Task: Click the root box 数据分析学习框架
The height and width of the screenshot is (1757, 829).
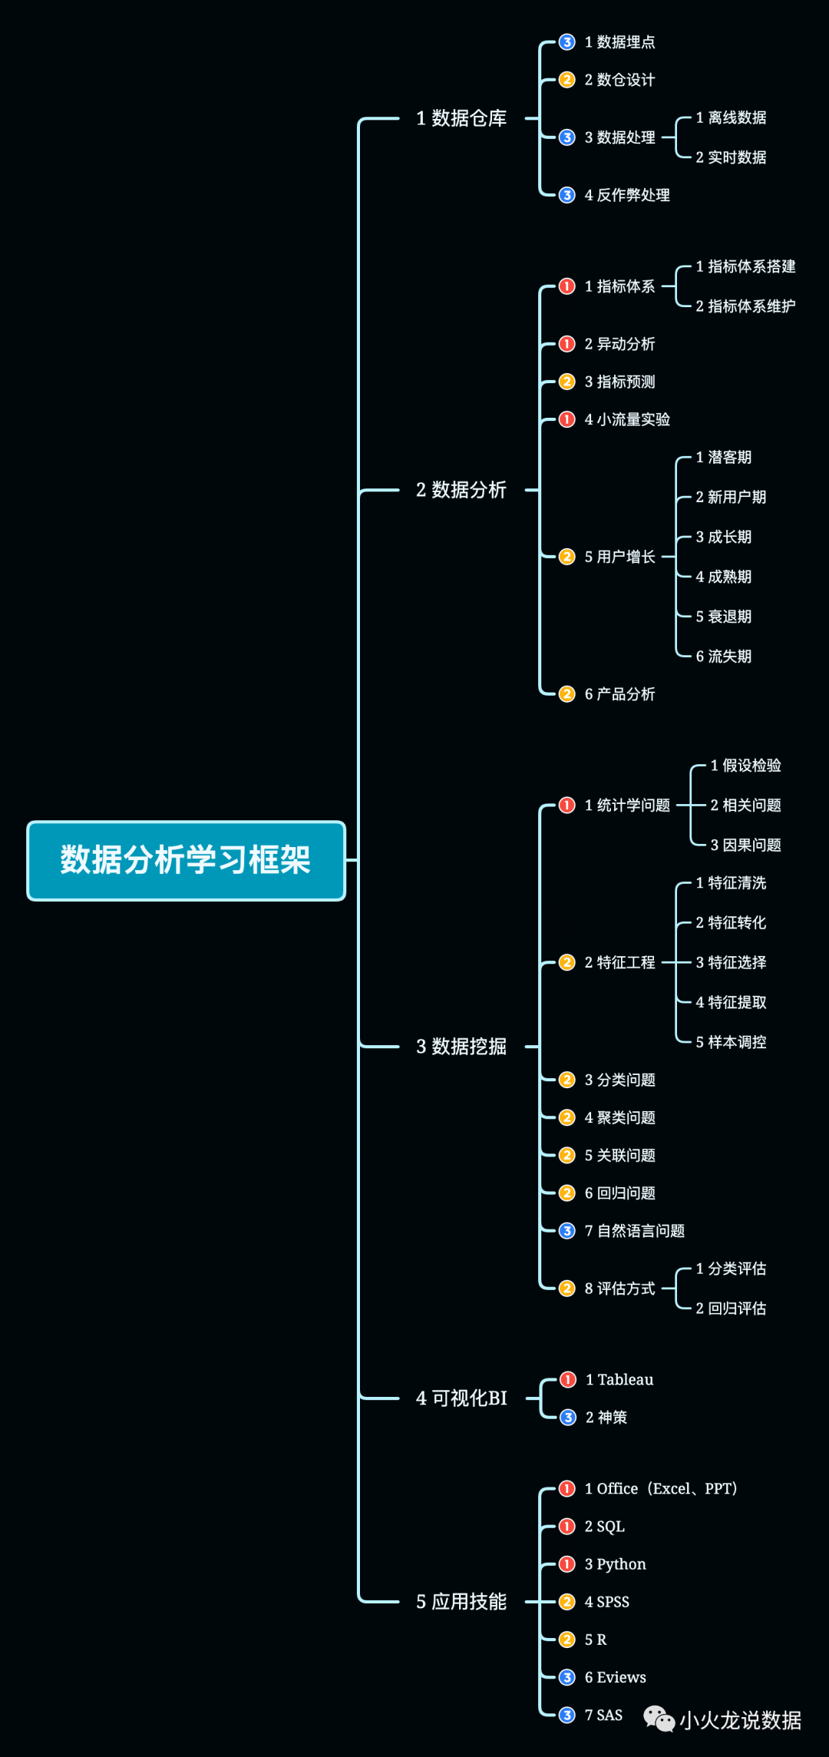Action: [x=186, y=860]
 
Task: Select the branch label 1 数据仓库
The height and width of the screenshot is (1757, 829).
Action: [x=461, y=118]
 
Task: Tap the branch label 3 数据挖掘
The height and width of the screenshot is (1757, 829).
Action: [x=461, y=1046]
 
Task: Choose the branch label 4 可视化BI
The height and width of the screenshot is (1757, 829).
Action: [x=461, y=1398]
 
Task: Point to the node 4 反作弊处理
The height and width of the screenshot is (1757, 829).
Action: [x=626, y=195]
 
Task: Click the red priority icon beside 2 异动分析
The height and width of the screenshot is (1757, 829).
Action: [x=567, y=344]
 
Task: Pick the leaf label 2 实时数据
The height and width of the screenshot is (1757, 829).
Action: [x=731, y=157]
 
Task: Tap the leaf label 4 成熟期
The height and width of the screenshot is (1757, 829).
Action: [x=723, y=577]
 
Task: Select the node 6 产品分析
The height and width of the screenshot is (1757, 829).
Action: [x=619, y=694]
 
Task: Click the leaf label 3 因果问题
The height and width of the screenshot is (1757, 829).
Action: [x=745, y=845]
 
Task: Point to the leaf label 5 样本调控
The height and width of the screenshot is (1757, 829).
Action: [x=731, y=1042]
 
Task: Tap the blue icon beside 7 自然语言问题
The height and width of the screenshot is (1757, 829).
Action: [x=567, y=1231]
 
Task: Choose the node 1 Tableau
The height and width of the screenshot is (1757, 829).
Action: [x=619, y=1380]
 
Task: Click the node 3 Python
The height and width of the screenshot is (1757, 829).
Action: [x=615, y=1564]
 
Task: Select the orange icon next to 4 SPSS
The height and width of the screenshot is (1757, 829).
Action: [x=567, y=1602]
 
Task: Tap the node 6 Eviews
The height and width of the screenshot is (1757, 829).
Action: [x=615, y=1677]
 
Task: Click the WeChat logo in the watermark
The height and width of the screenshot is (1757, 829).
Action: [x=659, y=1719]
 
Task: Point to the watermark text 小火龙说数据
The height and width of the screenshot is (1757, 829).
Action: [x=740, y=1721]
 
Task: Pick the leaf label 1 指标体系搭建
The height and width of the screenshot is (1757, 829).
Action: [x=745, y=266]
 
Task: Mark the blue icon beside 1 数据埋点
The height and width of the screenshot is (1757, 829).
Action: [x=567, y=42]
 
